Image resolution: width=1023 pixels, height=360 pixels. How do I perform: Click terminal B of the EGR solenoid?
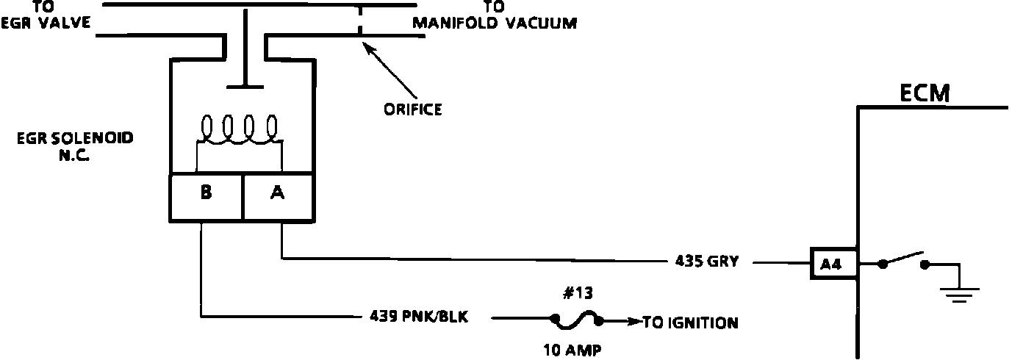206,193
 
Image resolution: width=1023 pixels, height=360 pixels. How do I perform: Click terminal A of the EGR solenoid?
279,193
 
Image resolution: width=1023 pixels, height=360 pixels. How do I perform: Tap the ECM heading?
925,93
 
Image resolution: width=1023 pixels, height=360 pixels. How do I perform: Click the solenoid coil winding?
239,130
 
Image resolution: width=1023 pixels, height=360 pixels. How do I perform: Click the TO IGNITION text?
691,322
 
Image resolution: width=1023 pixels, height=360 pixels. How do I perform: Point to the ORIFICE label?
412,110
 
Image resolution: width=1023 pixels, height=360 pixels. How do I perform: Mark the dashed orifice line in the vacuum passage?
359,21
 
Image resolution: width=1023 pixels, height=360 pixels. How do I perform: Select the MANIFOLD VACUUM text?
494,23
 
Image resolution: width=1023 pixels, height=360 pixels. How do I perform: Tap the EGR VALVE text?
46,23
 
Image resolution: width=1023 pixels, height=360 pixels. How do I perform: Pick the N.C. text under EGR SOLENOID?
75,155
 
